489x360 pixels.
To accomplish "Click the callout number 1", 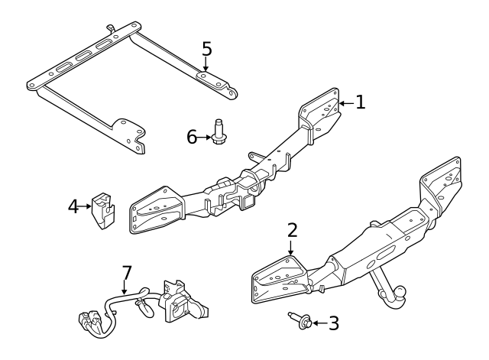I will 361,102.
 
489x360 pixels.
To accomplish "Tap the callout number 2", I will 291,229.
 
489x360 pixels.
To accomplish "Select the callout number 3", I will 333,323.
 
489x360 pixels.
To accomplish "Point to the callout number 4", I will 73,206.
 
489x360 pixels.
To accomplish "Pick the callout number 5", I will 206,48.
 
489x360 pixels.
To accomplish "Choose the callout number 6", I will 193,137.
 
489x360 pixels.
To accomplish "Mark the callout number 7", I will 127,272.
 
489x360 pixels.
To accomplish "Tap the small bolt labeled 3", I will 300,321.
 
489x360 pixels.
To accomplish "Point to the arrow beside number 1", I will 345,102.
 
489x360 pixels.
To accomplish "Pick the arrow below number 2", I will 290,247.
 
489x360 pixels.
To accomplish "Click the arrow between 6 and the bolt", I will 204,137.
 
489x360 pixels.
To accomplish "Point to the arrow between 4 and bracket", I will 86,206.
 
